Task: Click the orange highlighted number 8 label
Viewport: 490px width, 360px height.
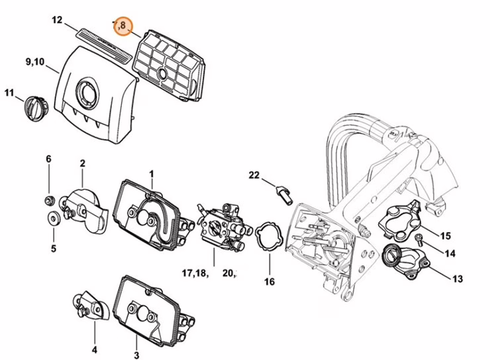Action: tap(122, 26)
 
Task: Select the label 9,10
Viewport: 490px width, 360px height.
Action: tap(35, 62)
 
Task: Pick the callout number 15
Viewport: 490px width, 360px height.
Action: tap(446, 236)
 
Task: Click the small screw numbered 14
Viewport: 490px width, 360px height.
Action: tap(418, 238)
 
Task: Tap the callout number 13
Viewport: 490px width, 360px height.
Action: tap(457, 279)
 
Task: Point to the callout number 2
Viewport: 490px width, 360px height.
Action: tap(83, 163)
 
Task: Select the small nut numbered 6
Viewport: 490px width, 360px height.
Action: tap(49, 200)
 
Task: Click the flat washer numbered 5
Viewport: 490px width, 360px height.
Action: tap(52, 218)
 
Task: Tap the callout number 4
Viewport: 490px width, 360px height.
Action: tap(94, 349)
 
